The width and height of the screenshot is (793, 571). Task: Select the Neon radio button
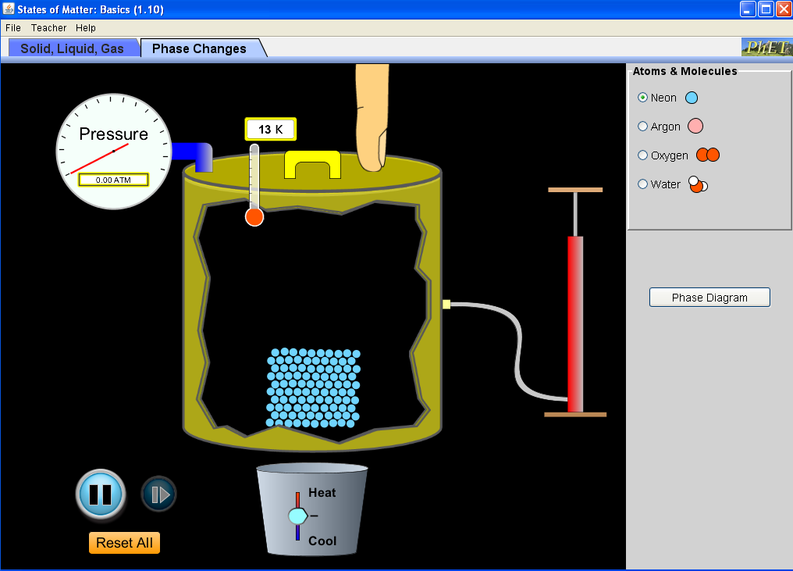click(643, 98)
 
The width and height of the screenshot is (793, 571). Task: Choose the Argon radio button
click(643, 127)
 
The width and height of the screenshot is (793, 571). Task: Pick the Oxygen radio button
click(643, 155)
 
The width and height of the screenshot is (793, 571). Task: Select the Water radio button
click(643, 184)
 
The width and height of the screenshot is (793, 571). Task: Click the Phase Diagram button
click(709, 298)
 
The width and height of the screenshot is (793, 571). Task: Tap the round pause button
click(100, 494)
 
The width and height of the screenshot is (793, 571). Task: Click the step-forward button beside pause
click(158, 494)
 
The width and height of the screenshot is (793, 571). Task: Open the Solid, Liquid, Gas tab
click(73, 48)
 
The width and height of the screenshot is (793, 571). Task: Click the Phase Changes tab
click(199, 48)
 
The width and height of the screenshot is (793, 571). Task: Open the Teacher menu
click(48, 28)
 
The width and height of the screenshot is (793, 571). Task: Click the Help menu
click(86, 28)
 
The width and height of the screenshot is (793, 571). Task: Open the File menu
click(13, 28)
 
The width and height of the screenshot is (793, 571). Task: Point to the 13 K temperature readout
click(271, 130)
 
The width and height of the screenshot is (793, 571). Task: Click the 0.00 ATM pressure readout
click(113, 180)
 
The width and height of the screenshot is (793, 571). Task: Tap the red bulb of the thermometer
click(254, 217)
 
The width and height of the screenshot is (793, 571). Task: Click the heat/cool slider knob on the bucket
click(298, 516)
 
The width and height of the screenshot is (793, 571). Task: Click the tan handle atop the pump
click(575, 190)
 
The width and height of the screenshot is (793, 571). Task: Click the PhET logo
click(766, 48)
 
